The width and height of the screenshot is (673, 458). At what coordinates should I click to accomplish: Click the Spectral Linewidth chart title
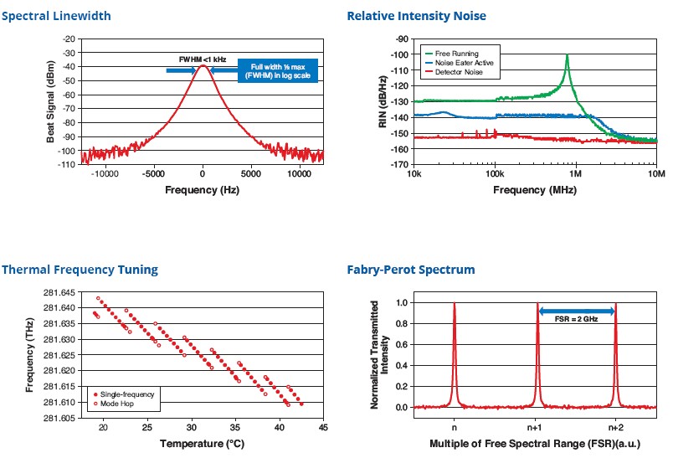56,16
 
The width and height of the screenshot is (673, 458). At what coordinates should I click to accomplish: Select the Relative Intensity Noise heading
417,16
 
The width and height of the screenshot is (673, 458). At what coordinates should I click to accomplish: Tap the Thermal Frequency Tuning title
80,270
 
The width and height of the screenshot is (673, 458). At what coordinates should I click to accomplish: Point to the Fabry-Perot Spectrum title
411,270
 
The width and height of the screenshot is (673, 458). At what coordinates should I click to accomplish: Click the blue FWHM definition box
280,70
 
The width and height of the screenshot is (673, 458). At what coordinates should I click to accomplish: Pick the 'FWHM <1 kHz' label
202,58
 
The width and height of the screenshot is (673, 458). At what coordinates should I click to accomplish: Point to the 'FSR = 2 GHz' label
577,319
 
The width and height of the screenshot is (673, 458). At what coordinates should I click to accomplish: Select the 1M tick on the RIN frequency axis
575,174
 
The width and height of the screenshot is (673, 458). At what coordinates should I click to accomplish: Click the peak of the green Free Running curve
568,56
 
